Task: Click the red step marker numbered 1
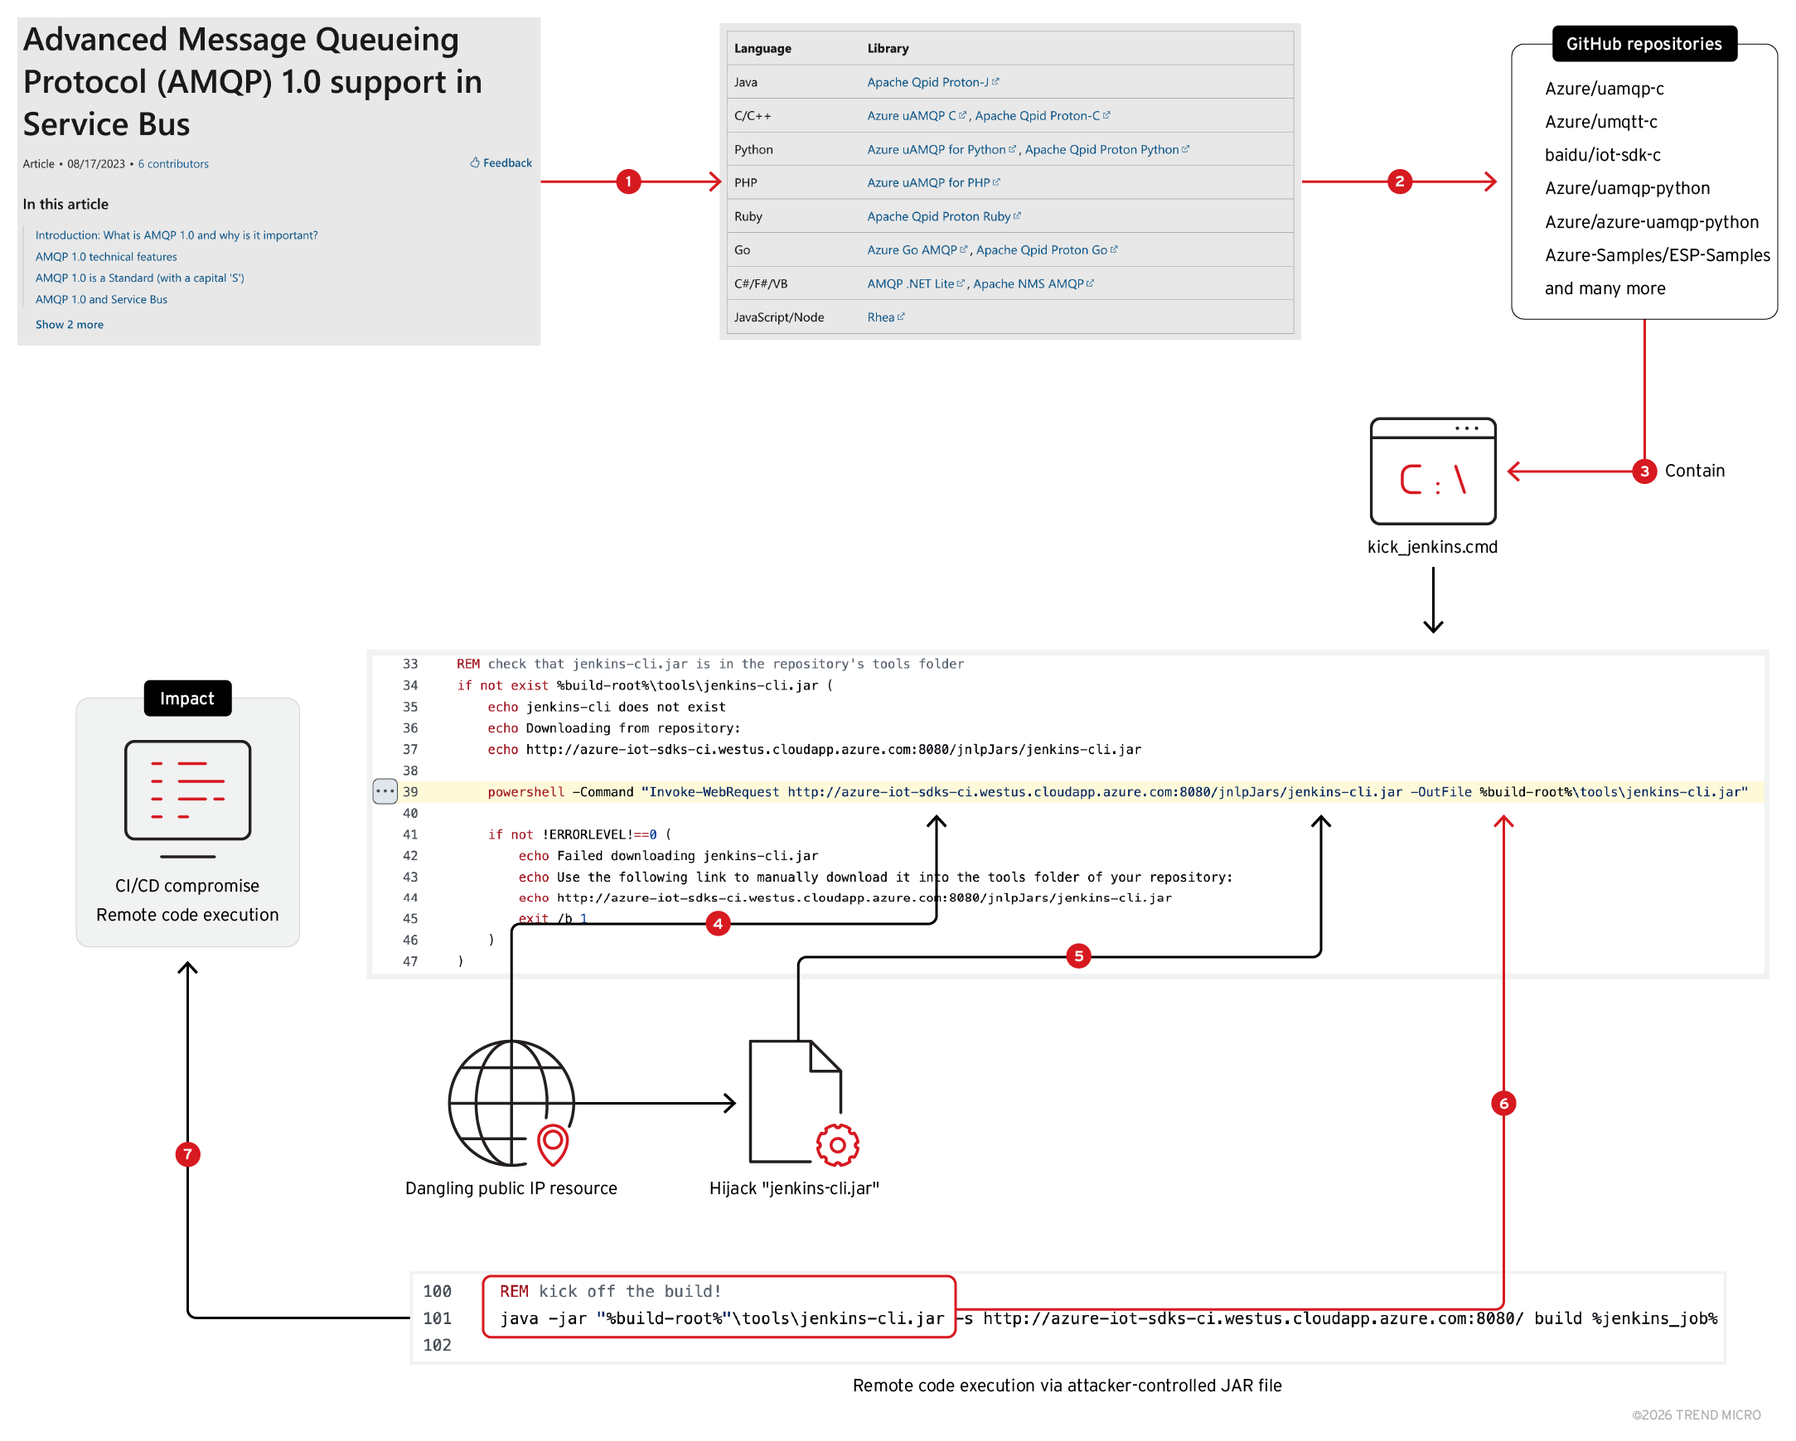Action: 628,181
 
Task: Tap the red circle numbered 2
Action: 1399,181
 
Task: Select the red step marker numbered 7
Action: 187,1154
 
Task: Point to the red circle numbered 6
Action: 1503,1104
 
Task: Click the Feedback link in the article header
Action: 501,163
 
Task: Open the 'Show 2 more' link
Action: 69,325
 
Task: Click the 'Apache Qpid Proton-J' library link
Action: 927,83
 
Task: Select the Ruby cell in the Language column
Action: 748,216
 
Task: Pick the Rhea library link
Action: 880,317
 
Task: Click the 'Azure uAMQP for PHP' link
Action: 928,182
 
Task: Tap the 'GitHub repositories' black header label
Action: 1643,44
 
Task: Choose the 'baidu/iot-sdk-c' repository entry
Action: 1602,155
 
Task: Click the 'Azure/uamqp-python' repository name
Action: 1626,188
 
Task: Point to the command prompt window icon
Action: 1432,471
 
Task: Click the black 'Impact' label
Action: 187,698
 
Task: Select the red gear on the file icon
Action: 837,1145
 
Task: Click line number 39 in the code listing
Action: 410,792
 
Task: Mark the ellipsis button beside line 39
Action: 385,791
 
